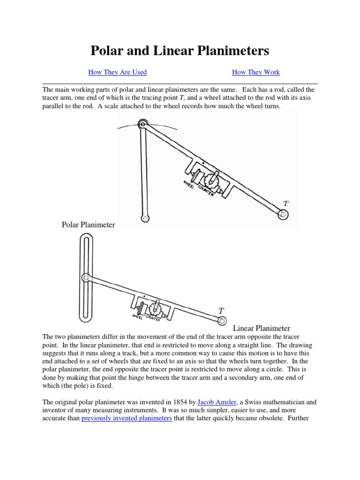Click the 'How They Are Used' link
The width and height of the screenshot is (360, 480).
pos(117,72)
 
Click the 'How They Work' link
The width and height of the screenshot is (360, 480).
pos(256,72)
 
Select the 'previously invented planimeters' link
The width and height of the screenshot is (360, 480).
pos(127,418)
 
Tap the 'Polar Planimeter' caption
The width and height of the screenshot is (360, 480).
pos(88,225)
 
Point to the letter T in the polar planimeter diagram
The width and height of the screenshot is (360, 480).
pos(286,203)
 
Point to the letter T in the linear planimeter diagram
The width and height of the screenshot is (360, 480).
pos(221,310)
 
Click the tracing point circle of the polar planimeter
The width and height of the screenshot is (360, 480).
pos(283,215)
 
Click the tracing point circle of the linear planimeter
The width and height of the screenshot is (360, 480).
pos(222,320)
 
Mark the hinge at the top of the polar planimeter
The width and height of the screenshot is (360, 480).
pos(142,125)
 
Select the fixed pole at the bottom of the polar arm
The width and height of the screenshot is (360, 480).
pos(146,218)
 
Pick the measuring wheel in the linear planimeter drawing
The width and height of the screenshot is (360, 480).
pos(140,308)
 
